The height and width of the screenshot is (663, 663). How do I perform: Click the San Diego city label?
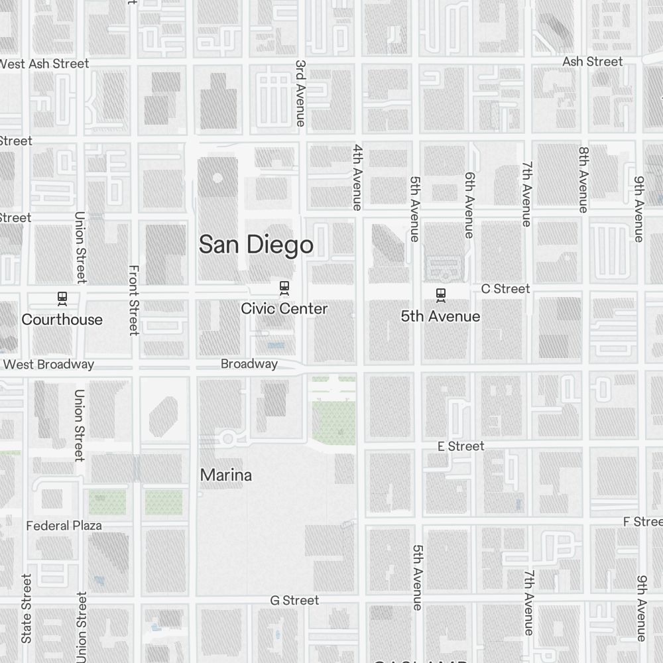pyautogui.click(x=256, y=245)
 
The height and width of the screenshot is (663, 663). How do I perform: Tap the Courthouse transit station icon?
pyautogui.click(x=62, y=298)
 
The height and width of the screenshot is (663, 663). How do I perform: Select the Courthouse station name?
pyautogui.click(x=62, y=320)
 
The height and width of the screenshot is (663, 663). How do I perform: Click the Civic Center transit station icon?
pyautogui.click(x=284, y=288)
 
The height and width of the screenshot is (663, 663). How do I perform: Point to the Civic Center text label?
pyautogui.click(x=284, y=308)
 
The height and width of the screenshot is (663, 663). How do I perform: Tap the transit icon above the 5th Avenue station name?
pyautogui.click(x=440, y=294)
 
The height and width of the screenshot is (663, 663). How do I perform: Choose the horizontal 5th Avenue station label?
pyautogui.click(x=440, y=316)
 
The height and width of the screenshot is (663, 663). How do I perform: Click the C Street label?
pyautogui.click(x=505, y=288)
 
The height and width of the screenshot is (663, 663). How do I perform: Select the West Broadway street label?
pyautogui.click(x=48, y=364)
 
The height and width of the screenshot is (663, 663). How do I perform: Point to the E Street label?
pyautogui.click(x=461, y=446)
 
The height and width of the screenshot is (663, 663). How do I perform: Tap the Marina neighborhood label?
pyautogui.click(x=226, y=475)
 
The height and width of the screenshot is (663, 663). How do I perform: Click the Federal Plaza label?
pyautogui.click(x=64, y=526)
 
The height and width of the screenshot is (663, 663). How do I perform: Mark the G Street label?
pyautogui.click(x=294, y=600)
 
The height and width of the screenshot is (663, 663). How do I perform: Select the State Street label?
pyautogui.click(x=27, y=618)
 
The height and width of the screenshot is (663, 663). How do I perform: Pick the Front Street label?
pyautogui.click(x=134, y=300)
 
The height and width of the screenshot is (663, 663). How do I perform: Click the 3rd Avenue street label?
pyautogui.click(x=300, y=93)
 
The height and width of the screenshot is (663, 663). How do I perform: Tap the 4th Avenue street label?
pyautogui.click(x=357, y=177)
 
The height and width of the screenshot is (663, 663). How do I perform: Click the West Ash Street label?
pyautogui.click(x=44, y=64)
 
